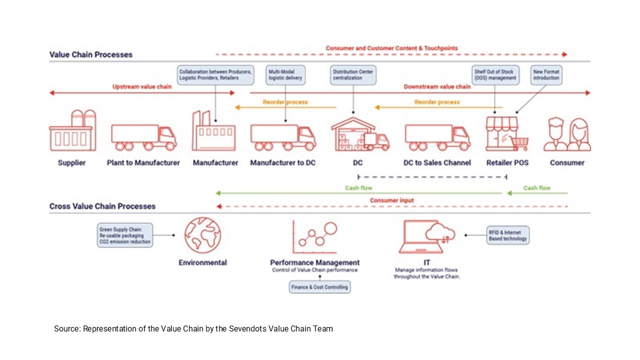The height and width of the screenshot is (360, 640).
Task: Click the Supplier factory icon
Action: pyautogui.click(x=72, y=131)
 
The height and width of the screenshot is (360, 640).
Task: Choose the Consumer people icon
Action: pyautogui.click(x=567, y=134)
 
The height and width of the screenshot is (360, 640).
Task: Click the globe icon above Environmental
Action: pyautogui.click(x=202, y=235)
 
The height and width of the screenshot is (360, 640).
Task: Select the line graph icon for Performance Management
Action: pyautogui.click(x=314, y=238)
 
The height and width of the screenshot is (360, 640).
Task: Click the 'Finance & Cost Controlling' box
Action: pyautogui.click(x=320, y=287)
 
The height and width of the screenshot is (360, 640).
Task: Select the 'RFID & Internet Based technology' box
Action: pyautogui.click(x=507, y=235)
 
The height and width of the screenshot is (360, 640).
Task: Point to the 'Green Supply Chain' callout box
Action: pyautogui.click(x=124, y=235)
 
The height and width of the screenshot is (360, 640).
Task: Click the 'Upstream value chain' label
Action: pyautogui.click(x=141, y=86)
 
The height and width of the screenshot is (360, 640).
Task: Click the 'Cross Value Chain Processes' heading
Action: pyautogui.click(x=102, y=206)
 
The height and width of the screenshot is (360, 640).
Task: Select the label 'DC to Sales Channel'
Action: pyautogui.click(x=437, y=162)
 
